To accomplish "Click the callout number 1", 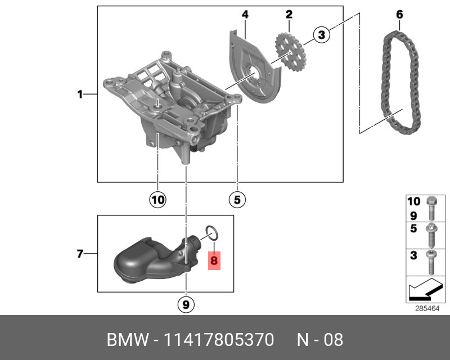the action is click(x=80, y=94).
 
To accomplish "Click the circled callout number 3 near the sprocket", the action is click(x=321, y=35).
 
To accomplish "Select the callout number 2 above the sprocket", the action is click(x=289, y=14).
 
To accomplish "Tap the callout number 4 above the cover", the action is click(x=245, y=14).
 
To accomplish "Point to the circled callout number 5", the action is click(x=237, y=199).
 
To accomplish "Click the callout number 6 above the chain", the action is click(x=399, y=14).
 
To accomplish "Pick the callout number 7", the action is click(x=80, y=254).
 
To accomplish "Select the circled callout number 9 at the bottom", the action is click(x=186, y=305).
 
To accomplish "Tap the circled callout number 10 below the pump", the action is click(x=158, y=199).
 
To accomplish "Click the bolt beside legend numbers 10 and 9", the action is click(x=431, y=209).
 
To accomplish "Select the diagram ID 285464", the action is click(x=427, y=308).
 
